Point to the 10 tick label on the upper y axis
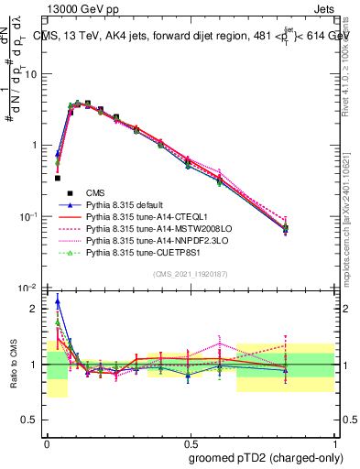[x=33, y=74]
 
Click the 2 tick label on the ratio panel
[x=38, y=309]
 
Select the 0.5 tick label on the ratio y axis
[x=33, y=420]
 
